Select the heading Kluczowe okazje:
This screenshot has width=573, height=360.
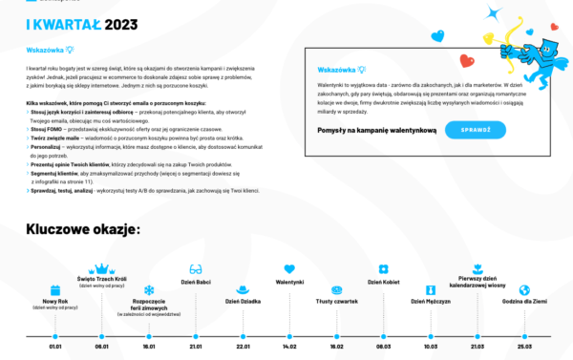[83, 229]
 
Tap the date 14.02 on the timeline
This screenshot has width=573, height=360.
[289, 347]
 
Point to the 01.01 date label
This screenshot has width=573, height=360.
[55, 347]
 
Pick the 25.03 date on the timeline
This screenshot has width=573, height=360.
[523, 347]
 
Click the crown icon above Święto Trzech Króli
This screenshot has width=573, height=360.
[102, 269]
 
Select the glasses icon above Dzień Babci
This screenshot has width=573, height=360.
[196, 269]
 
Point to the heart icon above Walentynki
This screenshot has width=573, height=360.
[289, 269]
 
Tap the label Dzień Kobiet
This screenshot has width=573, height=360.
[383, 282]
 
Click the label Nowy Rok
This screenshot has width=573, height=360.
[55, 301]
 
